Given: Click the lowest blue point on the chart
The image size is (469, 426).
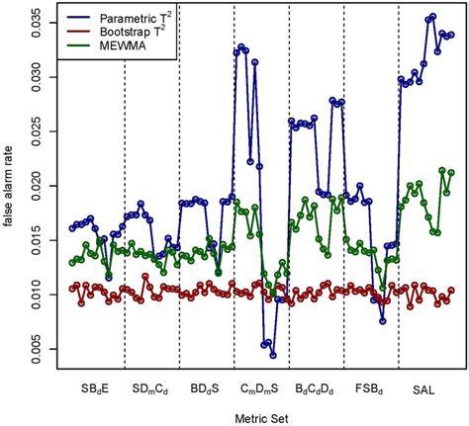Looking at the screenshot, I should click(273, 355).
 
